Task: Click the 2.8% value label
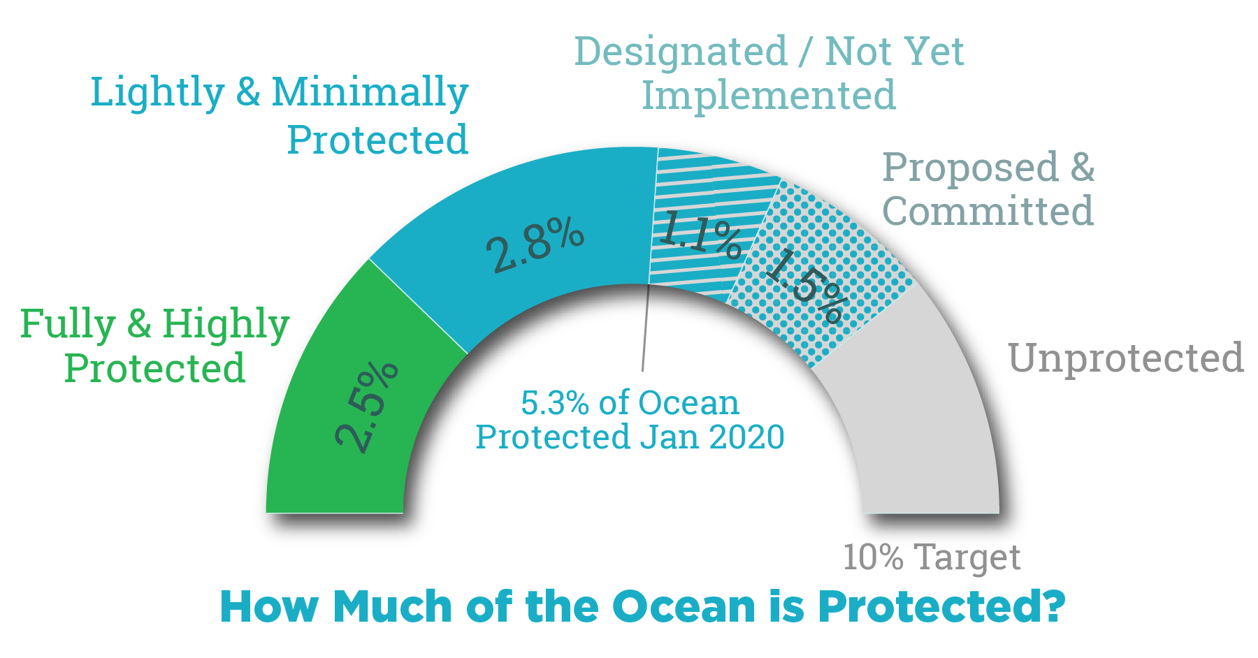(535, 244)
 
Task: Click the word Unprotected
(1125, 358)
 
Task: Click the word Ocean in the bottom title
(684, 606)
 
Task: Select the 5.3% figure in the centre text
(555, 403)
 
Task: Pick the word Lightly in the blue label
(157, 93)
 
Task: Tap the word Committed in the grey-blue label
(988, 211)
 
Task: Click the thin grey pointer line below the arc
(644, 328)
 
